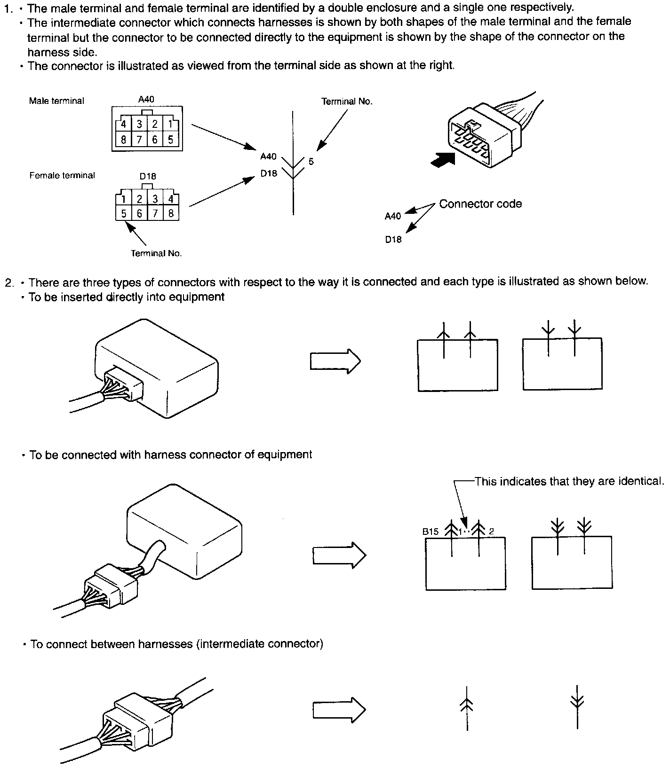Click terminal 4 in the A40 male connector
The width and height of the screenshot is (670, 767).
click(123, 125)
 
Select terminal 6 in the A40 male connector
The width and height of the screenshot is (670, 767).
click(155, 140)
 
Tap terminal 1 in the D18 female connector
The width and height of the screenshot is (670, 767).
click(123, 199)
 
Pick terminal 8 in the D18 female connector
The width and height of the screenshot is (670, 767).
click(171, 214)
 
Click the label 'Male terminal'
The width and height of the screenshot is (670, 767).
click(56, 101)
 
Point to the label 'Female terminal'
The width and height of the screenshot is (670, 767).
click(62, 175)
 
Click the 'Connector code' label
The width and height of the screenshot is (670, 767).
click(480, 204)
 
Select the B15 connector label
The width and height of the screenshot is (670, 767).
click(431, 532)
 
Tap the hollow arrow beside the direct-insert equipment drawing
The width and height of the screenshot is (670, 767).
click(335, 361)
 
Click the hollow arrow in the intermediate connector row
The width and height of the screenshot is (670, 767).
click(339, 710)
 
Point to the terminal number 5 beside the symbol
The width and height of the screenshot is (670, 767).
click(311, 162)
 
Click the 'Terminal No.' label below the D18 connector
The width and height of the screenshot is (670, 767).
click(156, 253)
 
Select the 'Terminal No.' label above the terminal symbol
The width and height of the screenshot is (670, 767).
click(347, 102)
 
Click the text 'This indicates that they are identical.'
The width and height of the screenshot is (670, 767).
click(569, 481)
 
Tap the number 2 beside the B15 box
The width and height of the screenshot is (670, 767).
click(491, 532)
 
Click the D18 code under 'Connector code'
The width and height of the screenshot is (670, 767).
click(393, 240)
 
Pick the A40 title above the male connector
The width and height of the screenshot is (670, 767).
click(146, 99)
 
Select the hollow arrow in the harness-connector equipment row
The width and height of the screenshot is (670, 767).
click(339, 556)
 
